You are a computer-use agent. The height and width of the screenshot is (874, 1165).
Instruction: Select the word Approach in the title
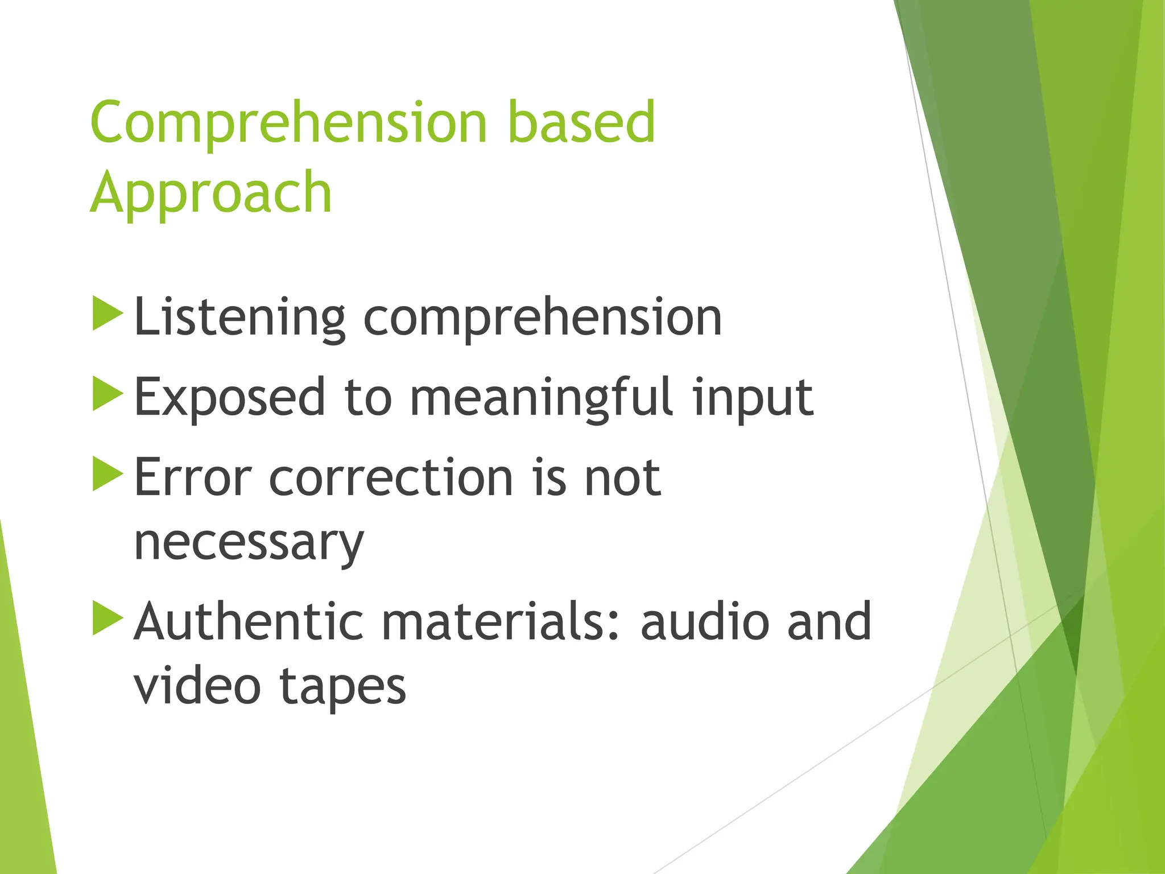click(x=211, y=193)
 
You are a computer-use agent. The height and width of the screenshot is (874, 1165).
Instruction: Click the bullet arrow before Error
click(x=108, y=473)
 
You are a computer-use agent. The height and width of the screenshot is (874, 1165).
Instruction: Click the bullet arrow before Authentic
click(x=108, y=617)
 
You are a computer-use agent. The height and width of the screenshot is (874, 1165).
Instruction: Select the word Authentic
click(x=249, y=621)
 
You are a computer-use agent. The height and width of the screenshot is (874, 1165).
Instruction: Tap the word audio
click(x=705, y=621)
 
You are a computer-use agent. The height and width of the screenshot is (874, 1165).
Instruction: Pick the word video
click(x=197, y=686)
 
